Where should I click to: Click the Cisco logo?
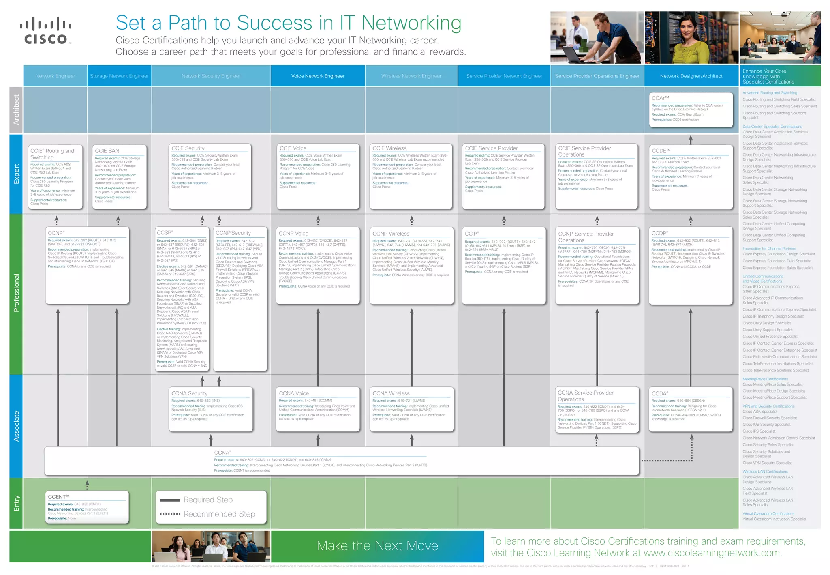(46, 30)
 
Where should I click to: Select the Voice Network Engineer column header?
(318, 76)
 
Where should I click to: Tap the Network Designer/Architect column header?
(691, 76)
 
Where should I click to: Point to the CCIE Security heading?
(188, 148)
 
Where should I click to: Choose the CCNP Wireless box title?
(391, 234)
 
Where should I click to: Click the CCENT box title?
(59, 497)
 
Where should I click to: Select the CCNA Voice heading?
(294, 393)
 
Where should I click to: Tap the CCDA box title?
(660, 393)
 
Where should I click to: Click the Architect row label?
(16, 110)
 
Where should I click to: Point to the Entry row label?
(16, 503)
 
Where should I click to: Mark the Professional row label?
(16, 293)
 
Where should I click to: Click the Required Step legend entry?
(208, 500)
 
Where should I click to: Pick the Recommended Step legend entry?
(219, 514)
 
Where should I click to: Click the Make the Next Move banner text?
(377, 546)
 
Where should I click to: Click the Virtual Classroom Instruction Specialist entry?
(774, 519)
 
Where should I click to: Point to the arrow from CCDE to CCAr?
(691, 139)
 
